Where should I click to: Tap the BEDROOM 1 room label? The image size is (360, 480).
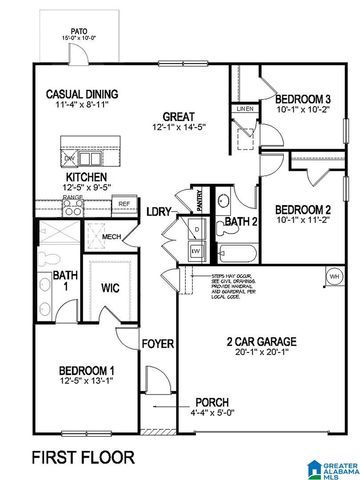click(x=75, y=370)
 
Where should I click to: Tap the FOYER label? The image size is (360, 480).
click(x=158, y=344)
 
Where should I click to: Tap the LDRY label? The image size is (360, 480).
click(x=158, y=212)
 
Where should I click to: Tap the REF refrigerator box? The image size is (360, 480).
click(x=124, y=204)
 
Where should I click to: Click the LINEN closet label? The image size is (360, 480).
click(x=243, y=108)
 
